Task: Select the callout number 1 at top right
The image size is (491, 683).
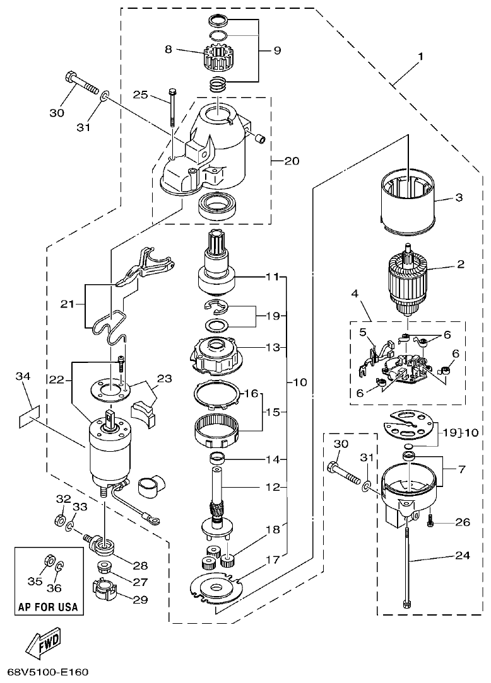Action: (421, 56)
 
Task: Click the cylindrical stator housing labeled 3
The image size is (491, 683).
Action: (408, 197)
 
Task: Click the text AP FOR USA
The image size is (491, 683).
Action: (48, 607)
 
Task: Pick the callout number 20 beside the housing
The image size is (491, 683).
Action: (292, 160)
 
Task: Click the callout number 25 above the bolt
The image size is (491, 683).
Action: (141, 95)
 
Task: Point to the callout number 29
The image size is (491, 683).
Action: (139, 600)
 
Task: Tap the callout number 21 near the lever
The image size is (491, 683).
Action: (68, 304)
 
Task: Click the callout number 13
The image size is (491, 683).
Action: (271, 347)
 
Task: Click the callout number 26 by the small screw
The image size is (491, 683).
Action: (463, 522)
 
